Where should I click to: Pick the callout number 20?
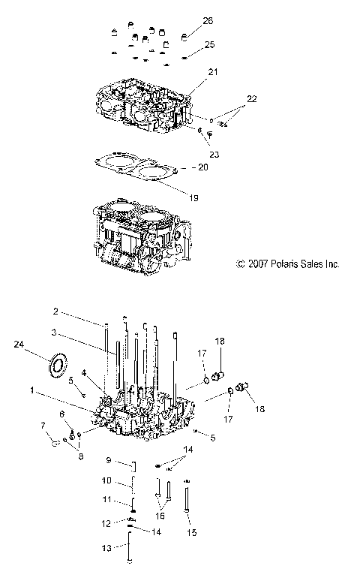202,167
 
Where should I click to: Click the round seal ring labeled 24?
57,366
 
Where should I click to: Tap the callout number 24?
19,345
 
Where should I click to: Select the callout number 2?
76,311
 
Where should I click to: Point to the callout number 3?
75,332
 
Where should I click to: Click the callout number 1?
32,390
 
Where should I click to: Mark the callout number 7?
43,426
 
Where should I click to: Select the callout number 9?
109,460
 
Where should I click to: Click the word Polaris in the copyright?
282,263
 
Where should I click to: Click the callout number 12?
107,522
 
